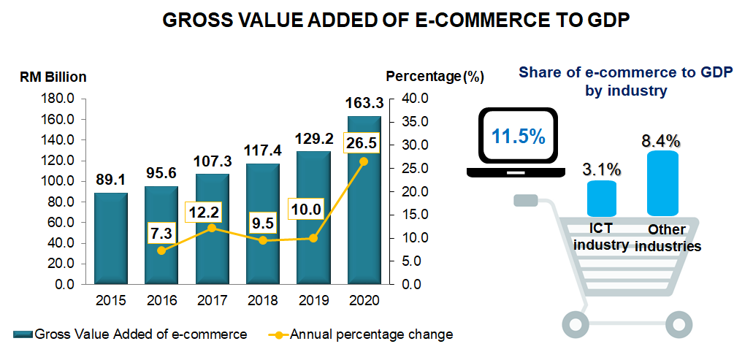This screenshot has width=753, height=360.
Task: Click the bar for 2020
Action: point(364,219)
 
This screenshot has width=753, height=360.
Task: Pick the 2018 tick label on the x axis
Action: point(262,300)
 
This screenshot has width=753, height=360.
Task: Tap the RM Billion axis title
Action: point(53,76)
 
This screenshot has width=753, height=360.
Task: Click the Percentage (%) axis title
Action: point(435,76)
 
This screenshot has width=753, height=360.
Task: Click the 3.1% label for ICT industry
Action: point(602,169)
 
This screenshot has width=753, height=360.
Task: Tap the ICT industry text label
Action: point(601,237)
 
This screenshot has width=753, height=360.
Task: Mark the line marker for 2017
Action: point(212,228)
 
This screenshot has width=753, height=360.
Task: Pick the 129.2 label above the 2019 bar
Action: point(313,139)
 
